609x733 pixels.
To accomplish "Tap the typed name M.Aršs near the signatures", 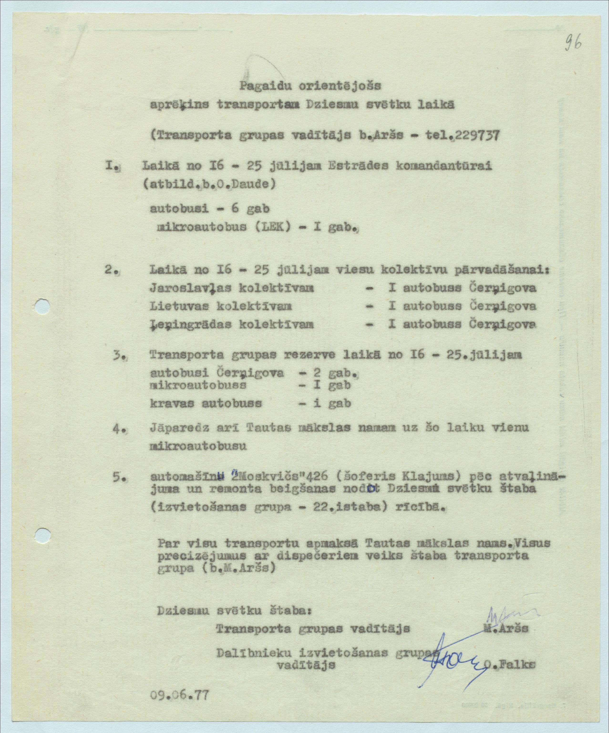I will pos(506,628).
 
